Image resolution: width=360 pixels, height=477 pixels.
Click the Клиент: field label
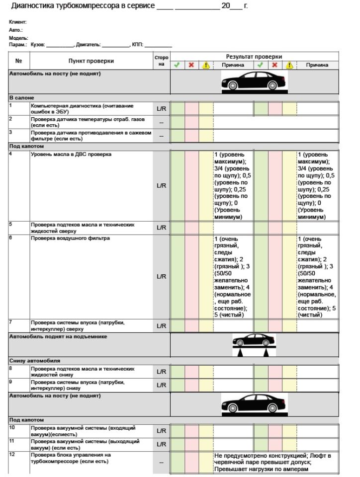click(x=17, y=22)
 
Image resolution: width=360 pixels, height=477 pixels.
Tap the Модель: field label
click(x=18, y=38)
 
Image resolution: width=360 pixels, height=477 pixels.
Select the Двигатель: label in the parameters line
click(x=88, y=45)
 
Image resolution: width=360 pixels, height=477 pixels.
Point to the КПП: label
click(x=137, y=45)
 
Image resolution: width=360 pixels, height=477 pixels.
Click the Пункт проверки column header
click(x=91, y=61)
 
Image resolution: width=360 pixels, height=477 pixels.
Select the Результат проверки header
click(x=254, y=57)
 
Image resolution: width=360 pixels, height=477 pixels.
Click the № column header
click(x=19, y=61)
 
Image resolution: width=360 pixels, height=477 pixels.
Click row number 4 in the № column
click(x=11, y=154)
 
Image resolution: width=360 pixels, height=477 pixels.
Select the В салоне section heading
click(x=21, y=97)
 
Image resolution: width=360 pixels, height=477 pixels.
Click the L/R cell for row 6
click(x=161, y=276)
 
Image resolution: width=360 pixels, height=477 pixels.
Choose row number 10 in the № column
click(x=12, y=427)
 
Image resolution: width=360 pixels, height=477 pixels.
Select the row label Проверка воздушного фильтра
click(x=70, y=238)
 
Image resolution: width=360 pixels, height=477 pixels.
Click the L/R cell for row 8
click(x=161, y=372)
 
